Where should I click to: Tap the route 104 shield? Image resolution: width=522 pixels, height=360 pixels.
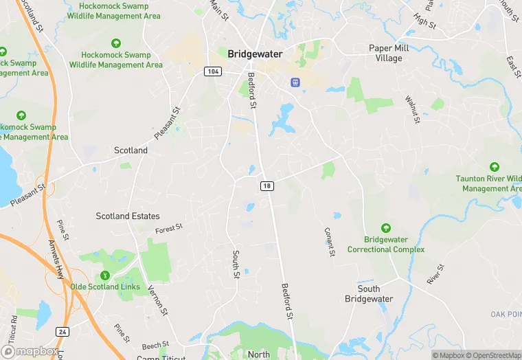tap(212, 71)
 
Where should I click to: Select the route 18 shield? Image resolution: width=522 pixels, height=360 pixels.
tap(267, 185)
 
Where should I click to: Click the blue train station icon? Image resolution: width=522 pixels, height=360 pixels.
tap(295, 82)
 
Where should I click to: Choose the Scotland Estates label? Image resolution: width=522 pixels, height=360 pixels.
tap(127, 216)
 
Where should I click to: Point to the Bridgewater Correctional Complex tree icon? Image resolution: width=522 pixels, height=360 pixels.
tap(386, 228)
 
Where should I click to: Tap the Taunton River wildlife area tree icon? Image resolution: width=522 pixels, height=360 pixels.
tap(494, 167)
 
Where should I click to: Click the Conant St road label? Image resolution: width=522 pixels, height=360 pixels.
tap(330, 242)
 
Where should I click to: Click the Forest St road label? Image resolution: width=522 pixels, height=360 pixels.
tap(169, 228)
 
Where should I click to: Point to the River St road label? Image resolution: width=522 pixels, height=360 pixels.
tap(434, 273)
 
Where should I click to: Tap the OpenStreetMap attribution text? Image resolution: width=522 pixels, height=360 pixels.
tap(493, 355)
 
